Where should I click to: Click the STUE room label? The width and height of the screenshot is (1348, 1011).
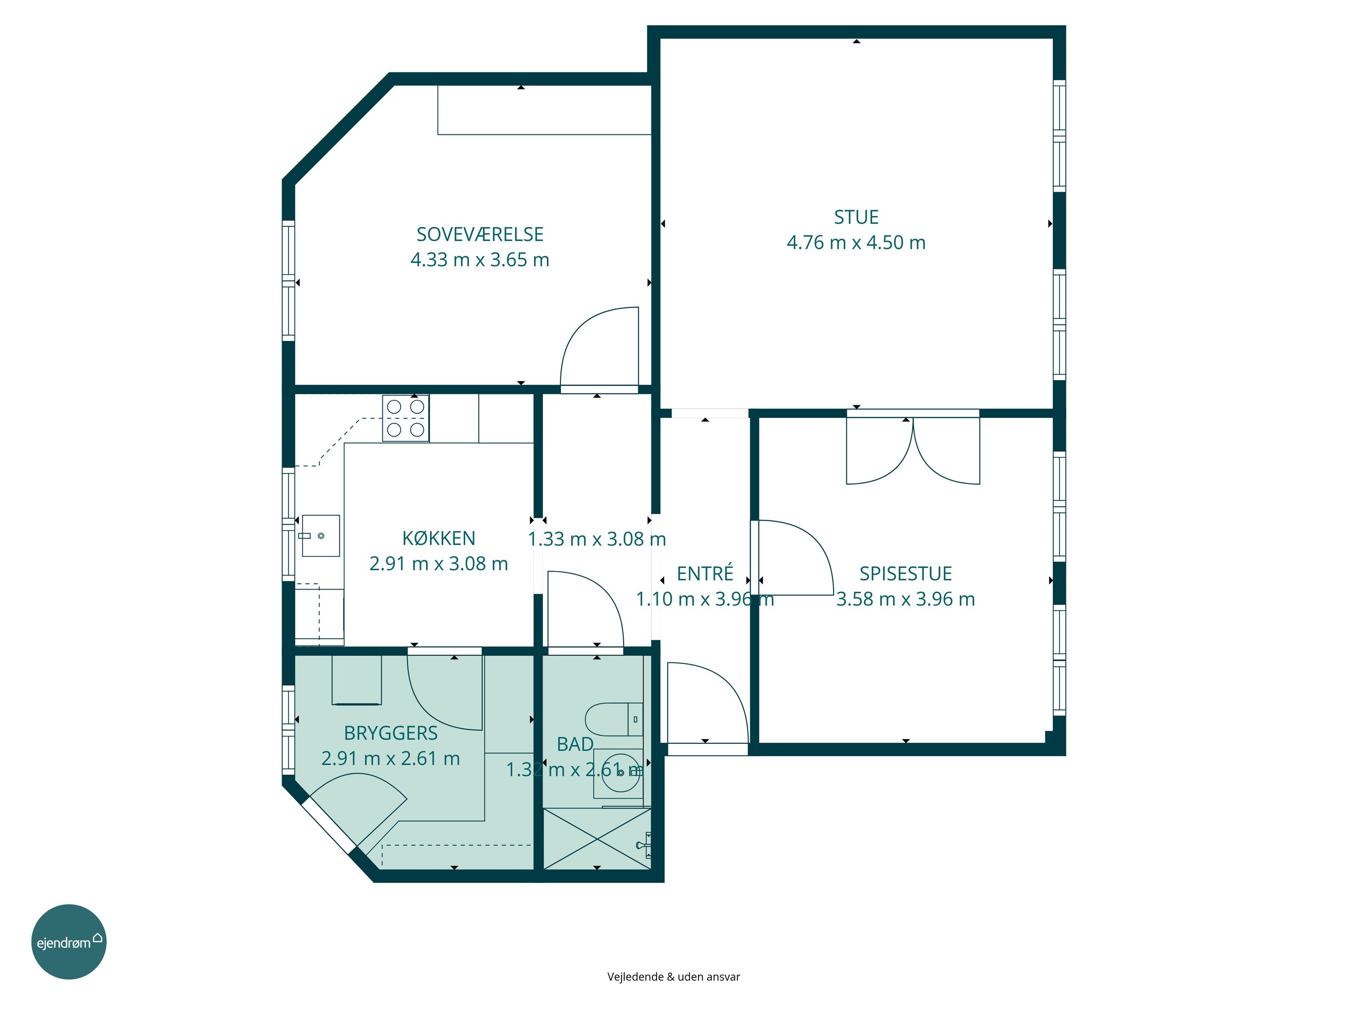pyautogui.click(x=856, y=217)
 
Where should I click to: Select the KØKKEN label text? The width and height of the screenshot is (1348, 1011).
pyautogui.click(x=439, y=538)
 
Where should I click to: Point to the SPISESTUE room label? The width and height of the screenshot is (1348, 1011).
pyautogui.click(x=905, y=573)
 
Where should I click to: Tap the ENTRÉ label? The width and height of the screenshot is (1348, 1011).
pyautogui.click(x=705, y=573)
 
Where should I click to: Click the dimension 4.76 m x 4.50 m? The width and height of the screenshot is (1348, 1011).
pyautogui.click(x=856, y=243)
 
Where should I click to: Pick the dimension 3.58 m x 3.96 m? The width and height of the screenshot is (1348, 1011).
pyautogui.click(x=905, y=599)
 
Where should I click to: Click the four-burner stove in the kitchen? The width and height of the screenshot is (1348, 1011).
pyautogui.click(x=405, y=418)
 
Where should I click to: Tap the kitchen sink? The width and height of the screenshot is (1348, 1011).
pyautogui.click(x=320, y=536)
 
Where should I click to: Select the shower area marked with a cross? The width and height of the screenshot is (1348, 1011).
pyautogui.click(x=597, y=838)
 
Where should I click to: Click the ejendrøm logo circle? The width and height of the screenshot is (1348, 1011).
pyautogui.click(x=69, y=941)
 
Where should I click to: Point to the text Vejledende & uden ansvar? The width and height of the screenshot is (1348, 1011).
pyautogui.click(x=674, y=977)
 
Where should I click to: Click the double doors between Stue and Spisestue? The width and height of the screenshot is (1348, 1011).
pyautogui.click(x=913, y=448)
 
